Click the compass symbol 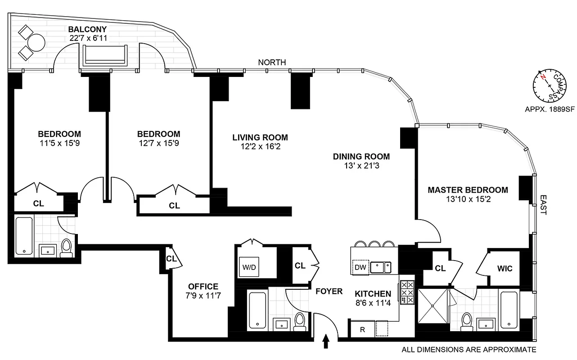pos(546,86)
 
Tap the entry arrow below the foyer pos(326,342)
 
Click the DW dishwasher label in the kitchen pos(360,267)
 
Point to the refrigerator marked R pos(363,329)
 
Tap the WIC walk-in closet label pos(505,268)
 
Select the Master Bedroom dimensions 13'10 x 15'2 pos(468,199)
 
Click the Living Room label pos(260,137)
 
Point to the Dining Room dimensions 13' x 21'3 pos(361,166)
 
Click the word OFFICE pos(203,286)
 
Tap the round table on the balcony pos(36,44)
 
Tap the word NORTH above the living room pos(272,63)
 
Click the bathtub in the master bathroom pos(509,310)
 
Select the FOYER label pos(329,291)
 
